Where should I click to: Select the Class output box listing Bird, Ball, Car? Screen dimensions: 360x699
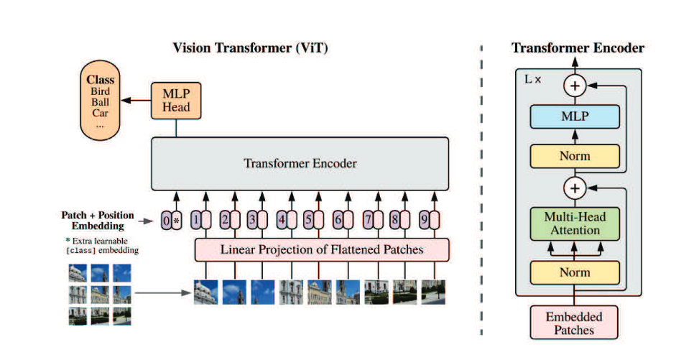point(100,102)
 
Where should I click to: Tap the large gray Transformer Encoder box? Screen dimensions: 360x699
point(300,163)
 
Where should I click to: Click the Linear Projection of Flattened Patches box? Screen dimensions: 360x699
point(321,249)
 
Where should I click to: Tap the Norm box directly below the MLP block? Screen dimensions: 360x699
point(574,156)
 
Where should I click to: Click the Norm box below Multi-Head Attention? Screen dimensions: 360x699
point(574,272)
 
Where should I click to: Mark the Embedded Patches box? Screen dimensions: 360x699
point(574,323)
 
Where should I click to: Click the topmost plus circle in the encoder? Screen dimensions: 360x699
point(574,87)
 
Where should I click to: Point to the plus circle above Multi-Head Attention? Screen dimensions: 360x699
point(574,188)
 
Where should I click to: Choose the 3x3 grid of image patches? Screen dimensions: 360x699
point(101,294)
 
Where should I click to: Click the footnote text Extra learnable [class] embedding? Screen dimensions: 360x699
point(101,245)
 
